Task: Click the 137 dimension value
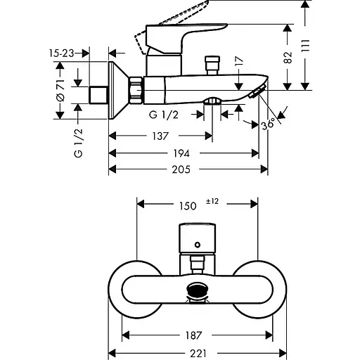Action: click(x=160, y=136)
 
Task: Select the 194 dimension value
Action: click(x=181, y=154)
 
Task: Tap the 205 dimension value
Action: click(x=181, y=169)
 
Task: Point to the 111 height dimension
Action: click(x=305, y=46)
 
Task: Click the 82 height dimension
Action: click(x=288, y=57)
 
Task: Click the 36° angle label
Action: click(x=269, y=124)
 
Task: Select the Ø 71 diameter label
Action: click(x=60, y=90)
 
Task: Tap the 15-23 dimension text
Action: click(x=61, y=53)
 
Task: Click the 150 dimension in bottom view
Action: click(x=188, y=206)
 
